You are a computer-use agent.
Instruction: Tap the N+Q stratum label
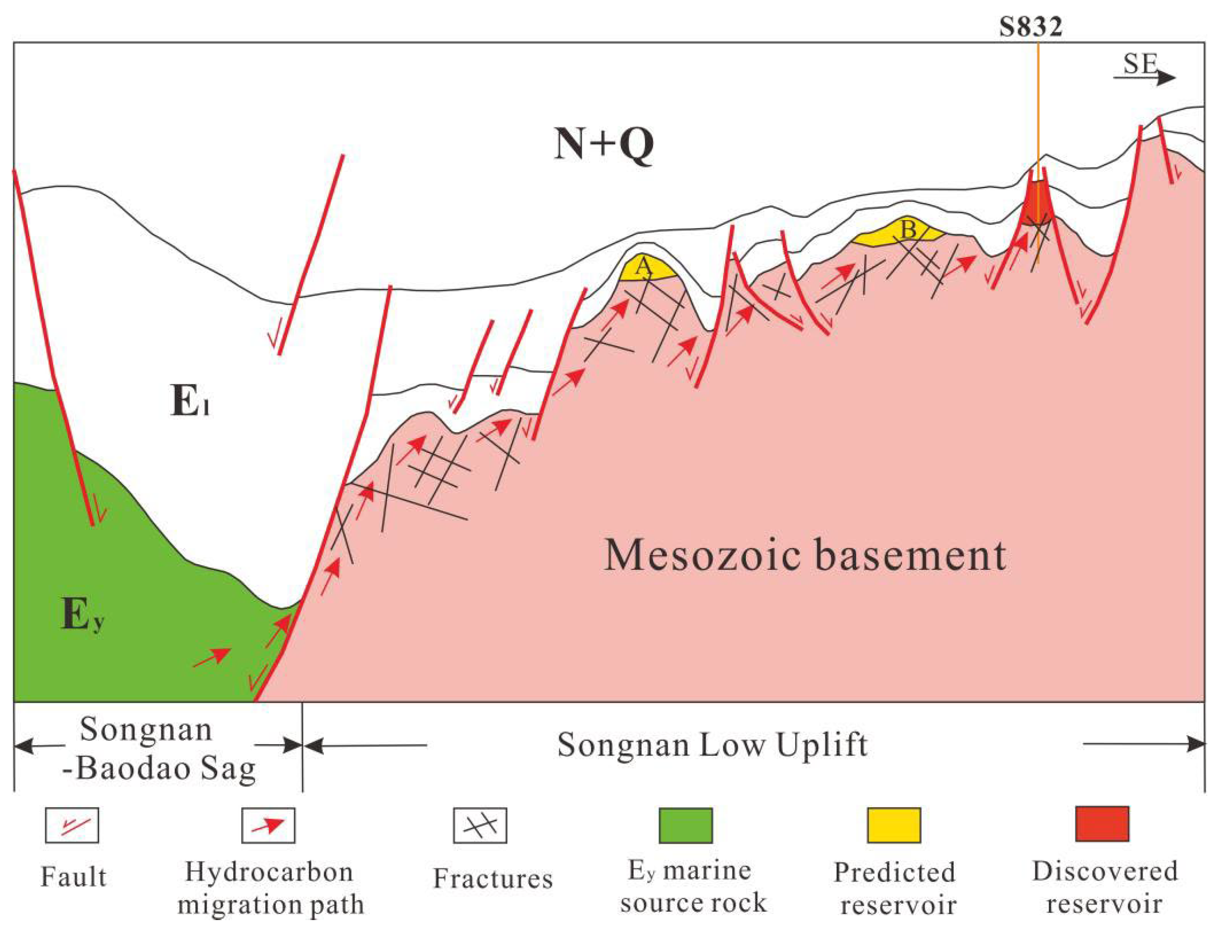pyautogui.click(x=604, y=143)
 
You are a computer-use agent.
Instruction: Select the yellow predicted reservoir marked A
pyautogui.click(x=647, y=269)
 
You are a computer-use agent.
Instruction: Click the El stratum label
pyautogui.click(x=189, y=403)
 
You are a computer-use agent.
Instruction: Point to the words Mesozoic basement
pyautogui.click(x=805, y=555)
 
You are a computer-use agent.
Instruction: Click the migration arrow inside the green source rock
pyautogui.click(x=211, y=658)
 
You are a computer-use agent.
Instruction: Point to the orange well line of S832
pyautogui.click(x=1038, y=111)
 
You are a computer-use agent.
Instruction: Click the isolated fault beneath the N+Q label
pyautogui.click(x=311, y=256)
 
